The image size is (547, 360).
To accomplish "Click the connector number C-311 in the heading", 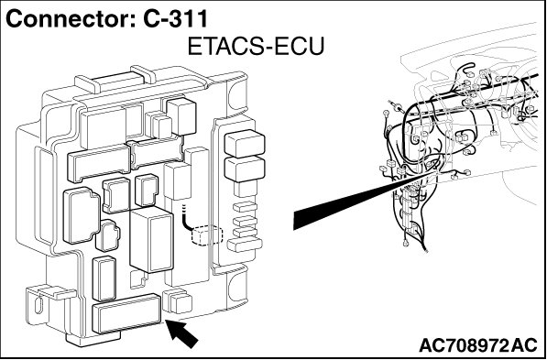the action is [x=176, y=19].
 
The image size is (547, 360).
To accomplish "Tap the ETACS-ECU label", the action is [x=256, y=47].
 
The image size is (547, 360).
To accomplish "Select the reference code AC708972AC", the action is [x=478, y=345].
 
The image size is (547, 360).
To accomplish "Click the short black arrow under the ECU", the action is [x=182, y=333].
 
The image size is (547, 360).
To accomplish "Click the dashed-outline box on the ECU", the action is [x=207, y=235].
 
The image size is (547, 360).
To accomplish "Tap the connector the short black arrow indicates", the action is [x=126, y=313].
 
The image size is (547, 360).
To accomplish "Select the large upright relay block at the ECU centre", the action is [x=151, y=239].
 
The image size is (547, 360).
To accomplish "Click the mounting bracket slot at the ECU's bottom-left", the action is [x=38, y=304].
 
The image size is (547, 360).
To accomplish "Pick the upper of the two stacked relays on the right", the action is [x=245, y=143].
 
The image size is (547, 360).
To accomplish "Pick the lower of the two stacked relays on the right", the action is [x=245, y=169].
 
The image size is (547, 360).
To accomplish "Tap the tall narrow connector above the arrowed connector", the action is [x=104, y=278].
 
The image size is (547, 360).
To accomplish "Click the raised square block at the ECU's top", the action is [x=181, y=116].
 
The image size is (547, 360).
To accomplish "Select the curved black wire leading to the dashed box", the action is [x=187, y=220].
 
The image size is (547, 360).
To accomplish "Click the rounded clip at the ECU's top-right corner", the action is [x=237, y=93].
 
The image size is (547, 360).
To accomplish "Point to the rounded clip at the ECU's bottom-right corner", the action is [x=237, y=287].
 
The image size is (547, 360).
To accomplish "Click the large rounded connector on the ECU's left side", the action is [x=82, y=215].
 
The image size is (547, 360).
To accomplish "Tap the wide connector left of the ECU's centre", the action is [x=99, y=163].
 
